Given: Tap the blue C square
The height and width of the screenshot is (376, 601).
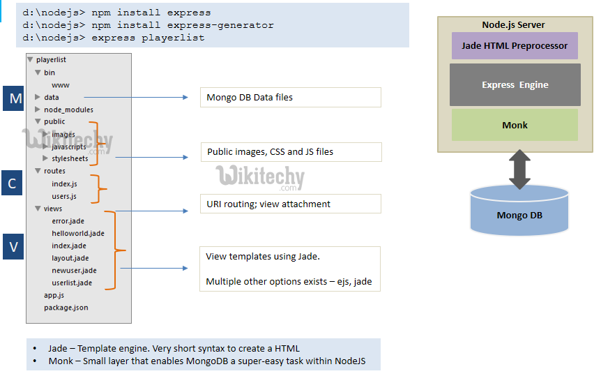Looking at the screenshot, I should click(x=13, y=183).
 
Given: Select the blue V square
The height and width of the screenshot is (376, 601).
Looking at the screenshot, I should click(x=13, y=246).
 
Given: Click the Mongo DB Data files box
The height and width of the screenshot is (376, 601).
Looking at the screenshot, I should click(x=290, y=97).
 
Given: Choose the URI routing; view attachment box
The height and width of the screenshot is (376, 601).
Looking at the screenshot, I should click(x=290, y=204).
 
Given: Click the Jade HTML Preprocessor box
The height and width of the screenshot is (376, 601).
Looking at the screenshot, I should click(x=515, y=46).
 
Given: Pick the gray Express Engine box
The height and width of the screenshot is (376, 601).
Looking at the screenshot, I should click(x=515, y=84).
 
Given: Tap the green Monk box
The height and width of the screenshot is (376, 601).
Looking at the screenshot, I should click(x=515, y=126).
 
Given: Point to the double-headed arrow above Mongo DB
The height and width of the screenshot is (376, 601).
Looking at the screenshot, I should click(x=519, y=170).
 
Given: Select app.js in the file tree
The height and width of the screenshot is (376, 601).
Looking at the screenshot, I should click(x=54, y=295).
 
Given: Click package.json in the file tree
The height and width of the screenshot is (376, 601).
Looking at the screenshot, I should click(x=66, y=308).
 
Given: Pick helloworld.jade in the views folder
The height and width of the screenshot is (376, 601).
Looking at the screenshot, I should click(x=77, y=233).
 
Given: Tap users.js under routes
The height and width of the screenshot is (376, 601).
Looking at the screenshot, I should click(x=64, y=196).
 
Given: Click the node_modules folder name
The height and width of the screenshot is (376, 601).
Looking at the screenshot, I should click(x=68, y=110).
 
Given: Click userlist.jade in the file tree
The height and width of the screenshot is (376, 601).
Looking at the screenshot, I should click(x=72, y=283).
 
